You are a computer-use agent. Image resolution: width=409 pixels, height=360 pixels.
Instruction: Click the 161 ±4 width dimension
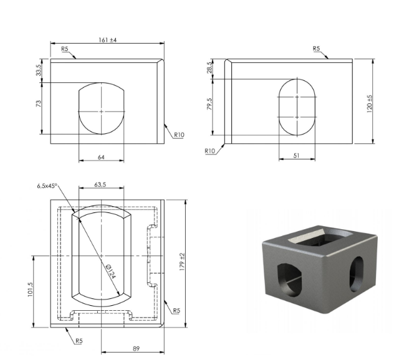coord(107,40)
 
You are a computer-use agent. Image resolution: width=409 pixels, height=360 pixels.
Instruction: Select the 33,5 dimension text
coord(39,70)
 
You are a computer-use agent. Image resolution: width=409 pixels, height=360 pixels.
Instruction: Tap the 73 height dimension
coord(39,103)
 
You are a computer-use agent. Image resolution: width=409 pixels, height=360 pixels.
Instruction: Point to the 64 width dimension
coord(101,157)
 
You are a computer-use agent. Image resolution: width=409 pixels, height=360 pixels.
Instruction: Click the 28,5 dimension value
coord(209,68)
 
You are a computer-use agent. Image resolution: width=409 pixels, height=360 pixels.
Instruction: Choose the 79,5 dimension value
coord(209,103)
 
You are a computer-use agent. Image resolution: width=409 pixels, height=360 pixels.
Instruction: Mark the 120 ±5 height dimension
coord(369,103)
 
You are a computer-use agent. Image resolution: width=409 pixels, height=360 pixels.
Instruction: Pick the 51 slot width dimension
coord(296,156)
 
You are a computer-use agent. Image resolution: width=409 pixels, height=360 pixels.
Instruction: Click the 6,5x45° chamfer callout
coord(47,186)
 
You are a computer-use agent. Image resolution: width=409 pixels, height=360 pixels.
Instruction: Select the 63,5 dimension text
coord(100,184)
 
